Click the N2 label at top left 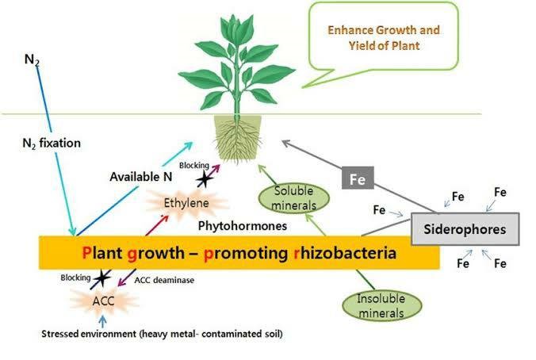coord(32,59)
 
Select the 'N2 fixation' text coord(52,143)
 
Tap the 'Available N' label coord(141,177)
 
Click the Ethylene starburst coord(186,203)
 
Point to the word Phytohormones coord(243,226)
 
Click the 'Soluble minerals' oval coord(293,198)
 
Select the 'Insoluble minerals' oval coord(381,306)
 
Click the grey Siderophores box coord(465,229)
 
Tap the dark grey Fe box coord(358,178)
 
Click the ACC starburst coord(104,301)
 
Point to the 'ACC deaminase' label coord(164,281)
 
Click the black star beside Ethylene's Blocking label coord(205,179)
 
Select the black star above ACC coord(101,278)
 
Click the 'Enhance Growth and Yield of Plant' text coord(384,37)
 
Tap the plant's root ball coord(238,138)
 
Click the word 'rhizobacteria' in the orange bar coord(345,253)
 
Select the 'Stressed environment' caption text coord(162,334)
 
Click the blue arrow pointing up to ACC coord(102,321)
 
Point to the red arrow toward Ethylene coord(157,225)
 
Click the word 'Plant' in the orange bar coord(101,253)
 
